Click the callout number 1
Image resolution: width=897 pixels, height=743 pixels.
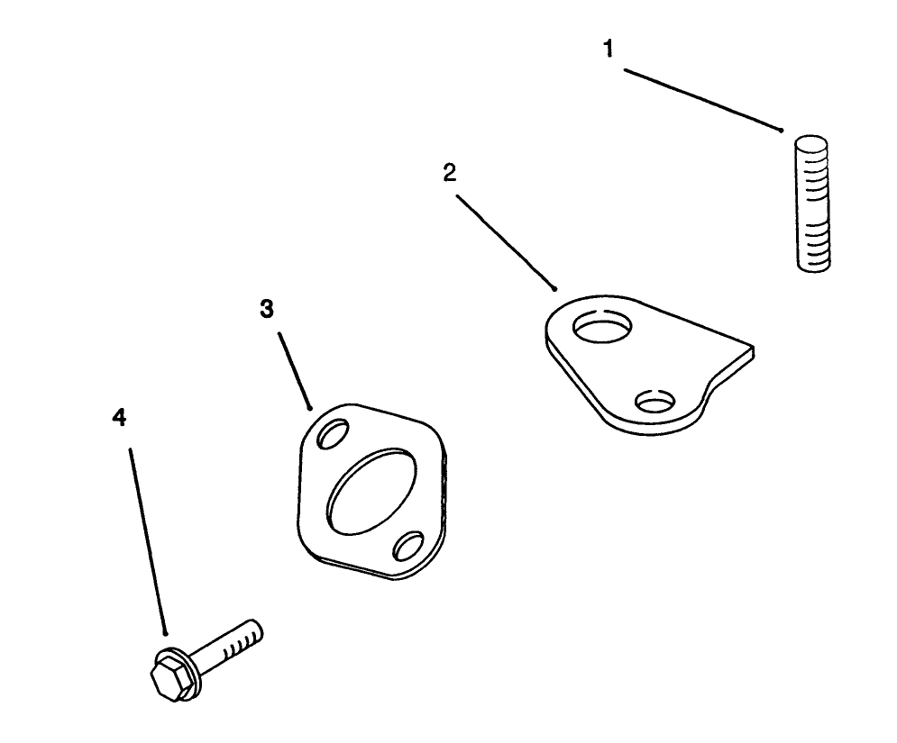pos(609,49)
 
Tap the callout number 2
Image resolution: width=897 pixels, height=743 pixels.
pos(450,173)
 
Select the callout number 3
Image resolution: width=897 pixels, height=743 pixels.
pos(267,309)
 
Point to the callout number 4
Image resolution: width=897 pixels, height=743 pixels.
pos(119,417)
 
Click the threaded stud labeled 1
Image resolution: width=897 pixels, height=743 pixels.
pos(811,204)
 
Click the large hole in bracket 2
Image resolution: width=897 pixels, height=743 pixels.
pos(602,327)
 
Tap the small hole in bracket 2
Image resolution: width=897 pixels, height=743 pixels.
pos(656,402)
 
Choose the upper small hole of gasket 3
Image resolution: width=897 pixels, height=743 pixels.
pos(333,433)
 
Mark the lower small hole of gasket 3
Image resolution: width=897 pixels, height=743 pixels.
pos(408,547)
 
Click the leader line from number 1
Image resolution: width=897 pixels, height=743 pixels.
pos(703,101)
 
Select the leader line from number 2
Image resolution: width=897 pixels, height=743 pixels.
pos(506,243)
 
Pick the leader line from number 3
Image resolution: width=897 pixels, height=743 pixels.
pos(295,371)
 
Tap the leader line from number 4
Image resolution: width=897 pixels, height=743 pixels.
pos(148,541)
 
